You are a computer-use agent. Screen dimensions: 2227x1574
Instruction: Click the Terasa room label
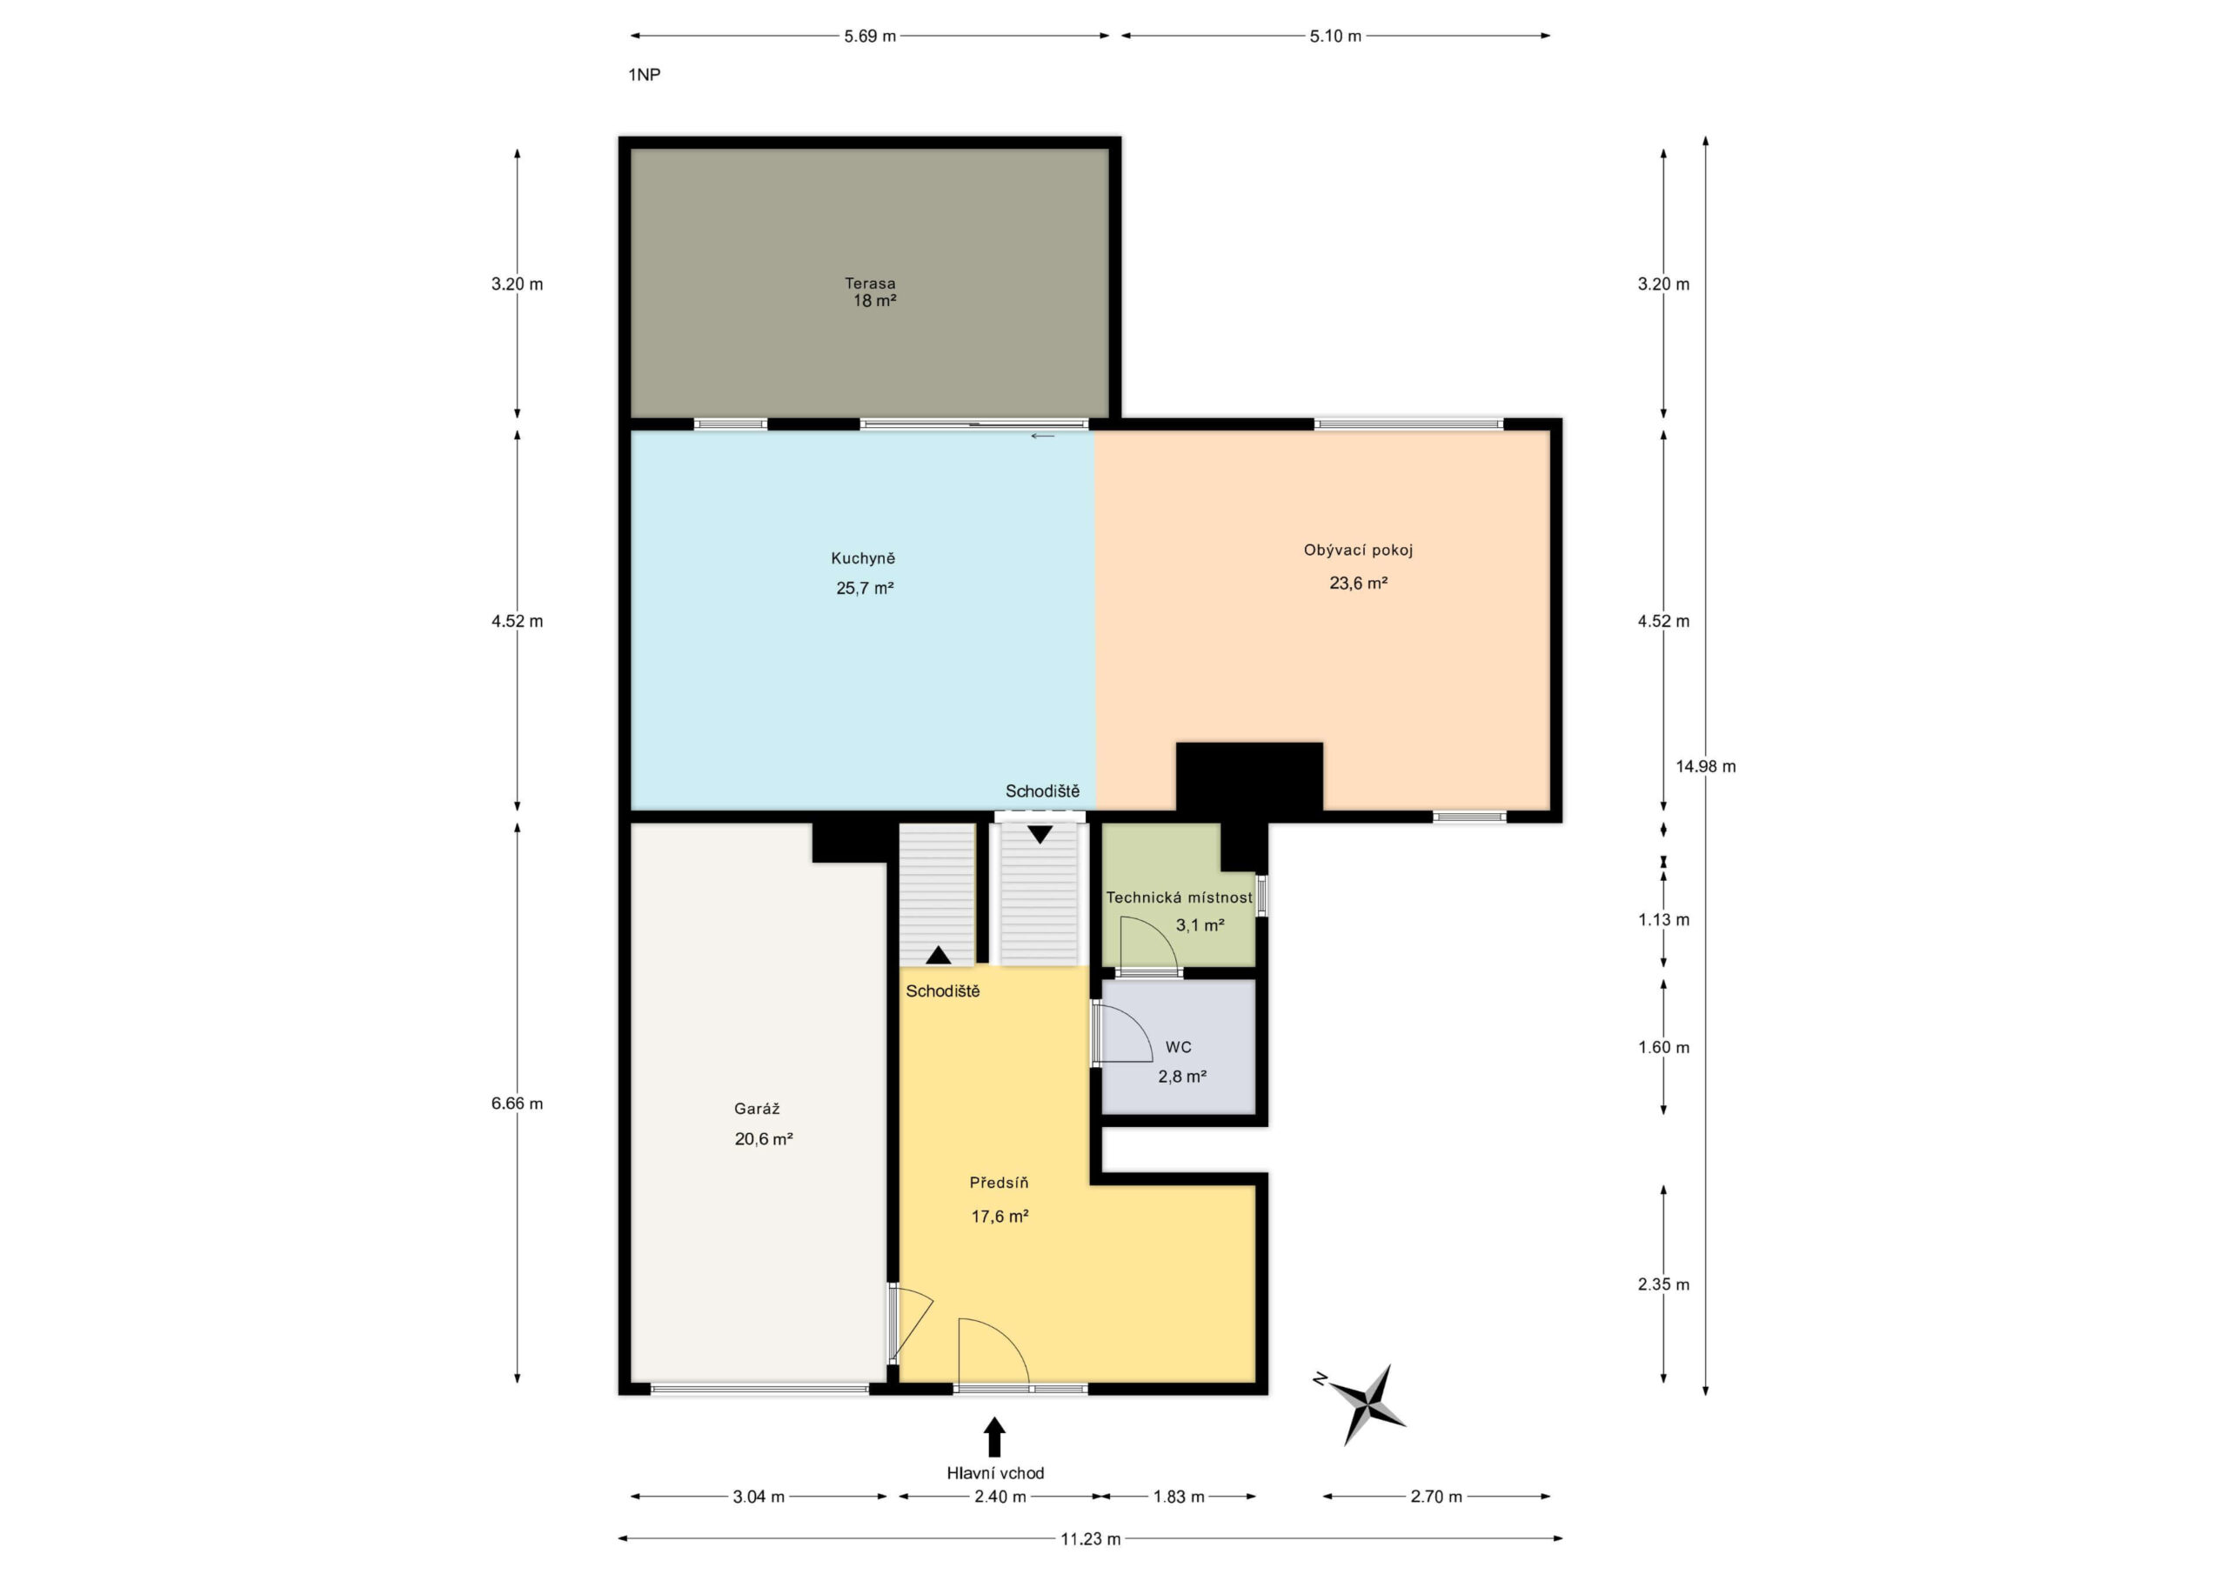[x=869, y=283]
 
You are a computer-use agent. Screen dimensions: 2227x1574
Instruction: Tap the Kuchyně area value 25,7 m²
[x=864, y=588]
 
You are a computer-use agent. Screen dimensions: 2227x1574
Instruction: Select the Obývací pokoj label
[x=1358, y=550]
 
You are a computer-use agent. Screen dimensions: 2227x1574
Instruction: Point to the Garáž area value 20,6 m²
[x=763, y=1138]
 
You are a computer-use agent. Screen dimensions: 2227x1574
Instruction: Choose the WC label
[x=1179, y=1046]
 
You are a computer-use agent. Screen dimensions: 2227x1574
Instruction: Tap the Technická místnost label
[x=1180, y=897]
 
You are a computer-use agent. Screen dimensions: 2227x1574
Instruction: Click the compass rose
[x=1363, y=1403]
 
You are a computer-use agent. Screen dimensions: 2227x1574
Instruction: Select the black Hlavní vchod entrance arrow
[x=994, y=1437]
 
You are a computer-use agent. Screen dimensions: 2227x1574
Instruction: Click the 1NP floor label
[x=644, y=75]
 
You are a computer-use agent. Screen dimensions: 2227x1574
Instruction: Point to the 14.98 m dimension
[x=1705, y=765]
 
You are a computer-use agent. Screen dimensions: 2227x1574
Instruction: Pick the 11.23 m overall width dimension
[x=1090, y=1538]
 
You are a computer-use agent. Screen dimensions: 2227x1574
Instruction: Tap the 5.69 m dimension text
[x=869, y=36]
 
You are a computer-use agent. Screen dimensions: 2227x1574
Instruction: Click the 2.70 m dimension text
[x=1435, y=1497]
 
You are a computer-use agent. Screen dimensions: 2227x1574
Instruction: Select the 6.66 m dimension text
[x=517, y=1103]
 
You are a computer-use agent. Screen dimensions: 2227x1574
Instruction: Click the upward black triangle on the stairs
[x=938, y=955]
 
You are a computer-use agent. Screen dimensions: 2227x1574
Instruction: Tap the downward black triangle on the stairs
[x=1040, y=834]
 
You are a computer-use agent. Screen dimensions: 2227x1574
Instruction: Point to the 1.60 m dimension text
[x=1663, y=1047]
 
